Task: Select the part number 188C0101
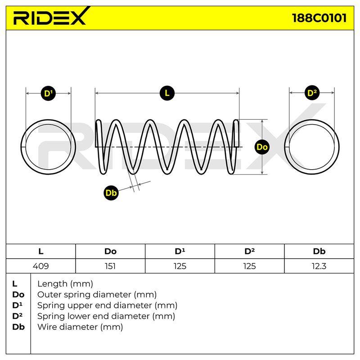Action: tap(319, 18)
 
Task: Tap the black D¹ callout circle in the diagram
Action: tap(48, 94)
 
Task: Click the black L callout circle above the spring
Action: tap(167, 93)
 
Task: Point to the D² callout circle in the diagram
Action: tap(312, 93)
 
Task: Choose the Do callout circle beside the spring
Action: tap(262, 147)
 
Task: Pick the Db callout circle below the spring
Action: tap(111, 193)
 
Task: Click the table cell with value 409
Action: tap(41, 266)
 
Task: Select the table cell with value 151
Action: tap(110, 266)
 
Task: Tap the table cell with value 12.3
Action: tap(319, 266)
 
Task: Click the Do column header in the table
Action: tap(110, 252)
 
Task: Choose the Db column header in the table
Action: tap(319, 252)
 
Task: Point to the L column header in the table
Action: tap(41, 252)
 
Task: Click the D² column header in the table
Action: tap(250, 252)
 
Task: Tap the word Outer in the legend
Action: tap(49, 295)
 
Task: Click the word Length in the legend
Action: tap(52, 284)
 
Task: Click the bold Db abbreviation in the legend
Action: tap(18, 327)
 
